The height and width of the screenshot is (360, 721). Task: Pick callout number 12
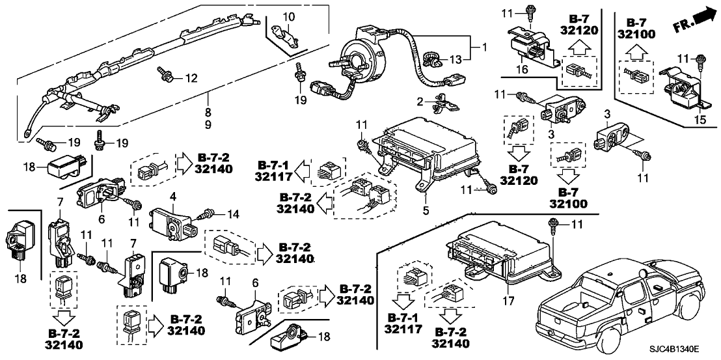tap(191, 79)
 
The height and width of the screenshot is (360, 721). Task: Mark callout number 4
tap(173, 195)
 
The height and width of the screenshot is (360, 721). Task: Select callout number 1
tap(483, 48)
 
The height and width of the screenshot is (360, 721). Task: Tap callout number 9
tap(208, 123)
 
